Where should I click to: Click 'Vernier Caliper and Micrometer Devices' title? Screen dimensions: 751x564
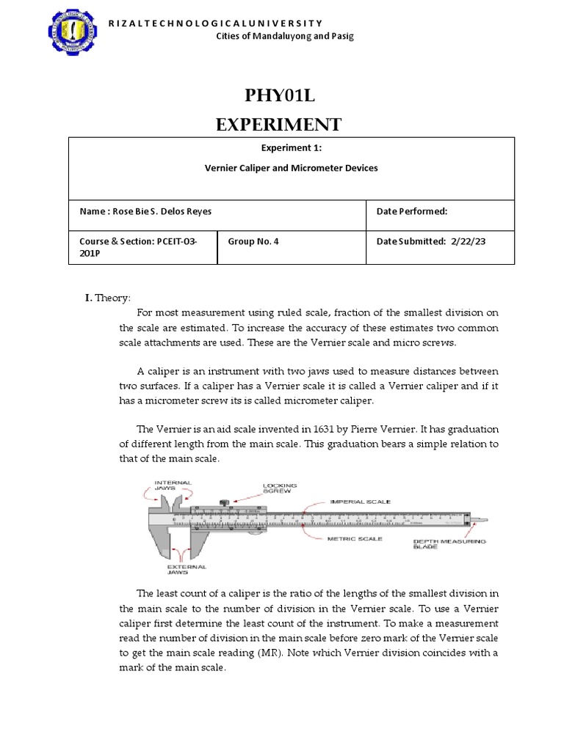(x=291, y=168)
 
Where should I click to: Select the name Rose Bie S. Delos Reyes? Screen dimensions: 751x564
(x=162, y=211)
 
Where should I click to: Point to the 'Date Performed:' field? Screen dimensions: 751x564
(x=412, y=211)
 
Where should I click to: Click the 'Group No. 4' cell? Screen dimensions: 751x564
(x=254, y=241)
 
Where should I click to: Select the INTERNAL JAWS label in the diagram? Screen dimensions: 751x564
(x=173, y=486)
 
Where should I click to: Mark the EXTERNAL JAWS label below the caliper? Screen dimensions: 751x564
(x=187, y=570)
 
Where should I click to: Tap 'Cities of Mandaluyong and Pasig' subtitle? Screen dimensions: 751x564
(x=284, y=37)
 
